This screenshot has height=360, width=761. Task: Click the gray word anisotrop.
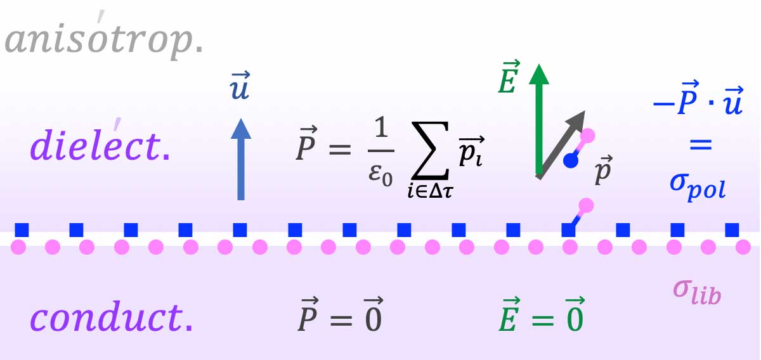click(x=104, y=37)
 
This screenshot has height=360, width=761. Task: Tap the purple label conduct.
click(x=112, y=316)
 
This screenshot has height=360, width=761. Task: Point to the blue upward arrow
click(x=241, y=159)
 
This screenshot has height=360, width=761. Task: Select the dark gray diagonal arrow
click(x=560, y=145)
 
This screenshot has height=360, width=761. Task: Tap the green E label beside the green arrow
click(x=509, y=77)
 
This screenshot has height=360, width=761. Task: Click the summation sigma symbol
click(x=430, y=150)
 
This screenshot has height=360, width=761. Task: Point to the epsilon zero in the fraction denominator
click(x=380, y=174)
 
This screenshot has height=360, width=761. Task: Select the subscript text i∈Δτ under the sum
click(x=431, y=192)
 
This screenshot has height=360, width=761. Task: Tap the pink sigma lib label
click(x=697, y=293)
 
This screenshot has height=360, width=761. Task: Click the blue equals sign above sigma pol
click(x=701, y=145)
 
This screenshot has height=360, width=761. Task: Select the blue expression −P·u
click(x=698, y=98)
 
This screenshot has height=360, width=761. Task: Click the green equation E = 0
click(x=542, y=315)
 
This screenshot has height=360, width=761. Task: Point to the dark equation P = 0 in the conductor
click(x=341, y=315)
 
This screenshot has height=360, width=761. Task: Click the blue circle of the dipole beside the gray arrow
click(x=571, y=160)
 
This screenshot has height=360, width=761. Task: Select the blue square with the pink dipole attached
click(x=568, y=230)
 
